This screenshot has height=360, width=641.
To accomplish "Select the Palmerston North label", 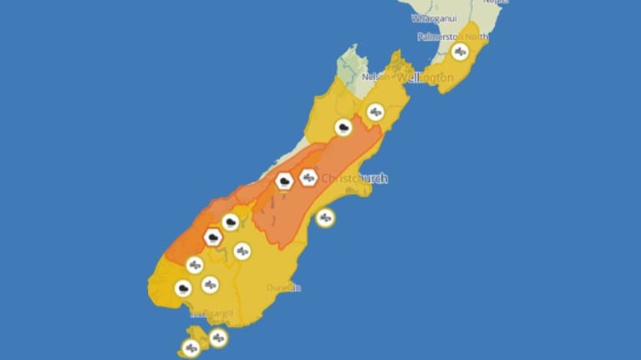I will pyautogui.click(x=453, y=37).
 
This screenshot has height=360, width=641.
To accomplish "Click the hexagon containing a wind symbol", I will pyautogui.click(x=308, y=177).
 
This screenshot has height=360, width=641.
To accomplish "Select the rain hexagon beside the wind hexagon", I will pyautogui.click(x=284, y=180).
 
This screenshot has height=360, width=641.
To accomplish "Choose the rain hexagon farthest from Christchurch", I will pyautogui.click(x=213, y=237).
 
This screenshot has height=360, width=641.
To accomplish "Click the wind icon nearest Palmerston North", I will pyautogui.click(x=460, y=52).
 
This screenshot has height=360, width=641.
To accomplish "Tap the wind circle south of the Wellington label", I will pyautogui.click(x=375, y=111).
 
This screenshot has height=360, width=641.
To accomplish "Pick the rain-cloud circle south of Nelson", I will pyautogui.click(x=343, y=128).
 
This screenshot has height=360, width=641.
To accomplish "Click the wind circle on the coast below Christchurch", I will pyautogui.click(x=325, y=218).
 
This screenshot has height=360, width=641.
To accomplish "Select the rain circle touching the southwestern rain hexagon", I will pyautogui.click(x=231, y=222).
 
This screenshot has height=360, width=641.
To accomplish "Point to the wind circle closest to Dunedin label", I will pyautogui.click(x=242, y=251).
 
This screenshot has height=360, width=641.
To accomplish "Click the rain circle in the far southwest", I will pyautogui.click(x=183, y=289).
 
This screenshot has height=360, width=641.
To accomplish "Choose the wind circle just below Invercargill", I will pyautogui.click(x=218, y=337).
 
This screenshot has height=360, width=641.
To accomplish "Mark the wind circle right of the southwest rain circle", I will pyautogui.click(x=210, y=284).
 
